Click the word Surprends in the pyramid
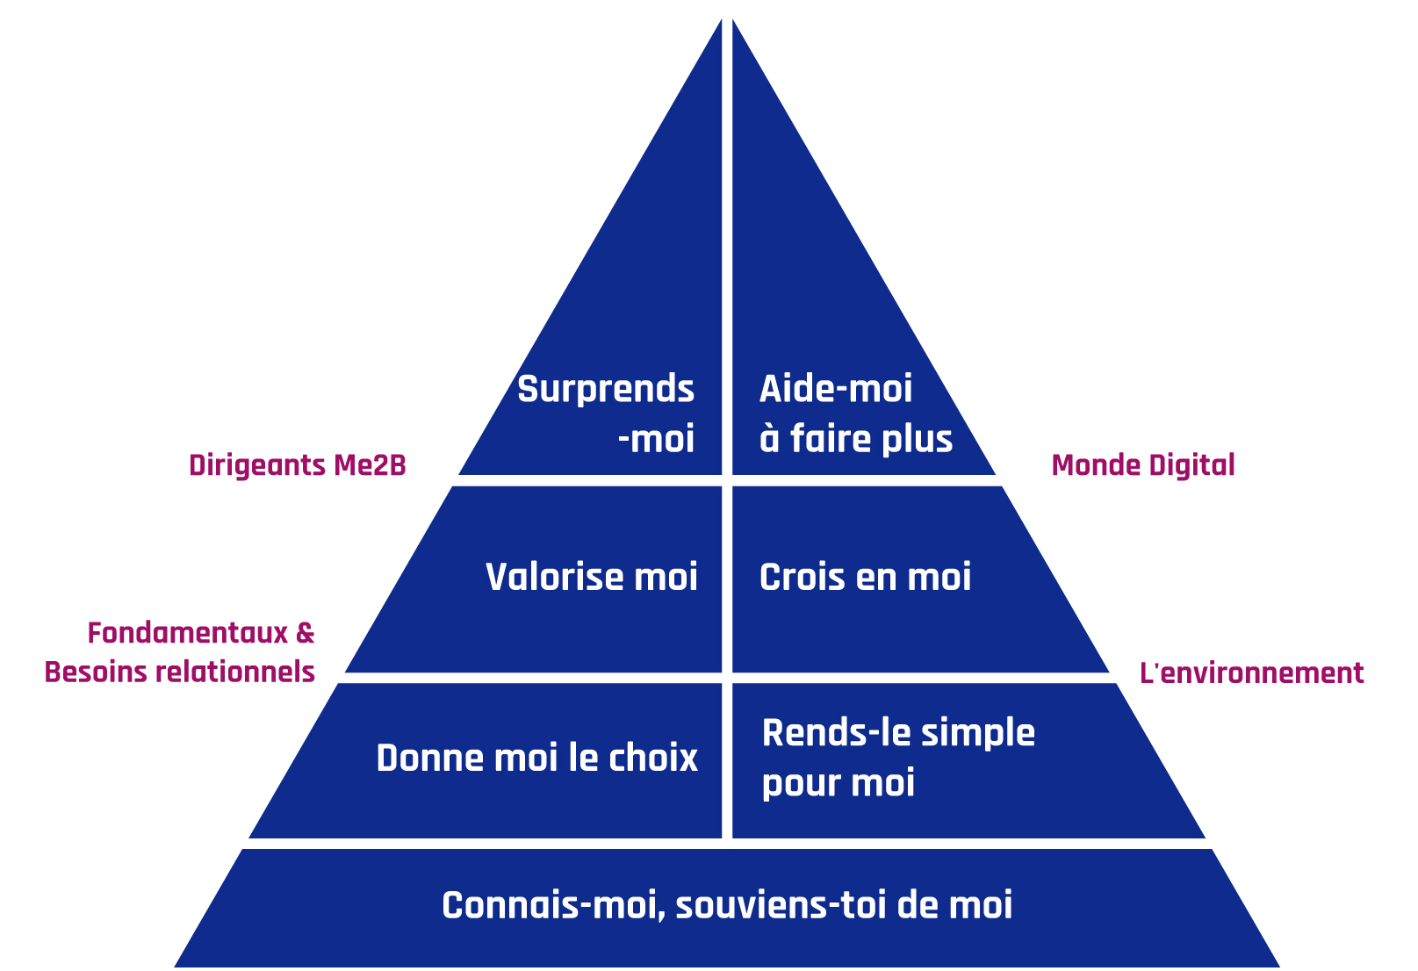[x=605, y=390]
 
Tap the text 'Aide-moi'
[x=835, y=389]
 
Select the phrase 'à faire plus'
[x=855, y=439]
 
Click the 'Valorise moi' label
[x=591, y=577]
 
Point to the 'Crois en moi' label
[x=865, y=578]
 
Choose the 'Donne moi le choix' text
[x=536, y=759]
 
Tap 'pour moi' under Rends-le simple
[x=838, y=783]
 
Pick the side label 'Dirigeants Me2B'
[x=297, y=465]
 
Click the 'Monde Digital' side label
[x=1142, y=465]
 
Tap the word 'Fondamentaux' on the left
[x=188, y=633]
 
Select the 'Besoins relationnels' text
[x=179, y=673]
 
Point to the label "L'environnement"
[x=1251, y=673]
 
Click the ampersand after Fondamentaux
[x=305, y=633]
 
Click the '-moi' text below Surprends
[x=656, y=439]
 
